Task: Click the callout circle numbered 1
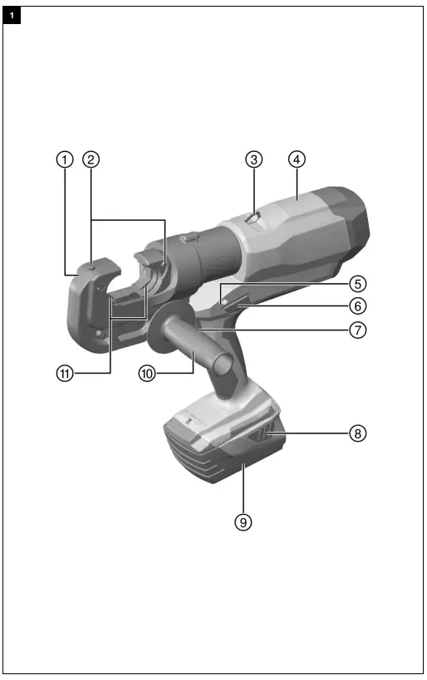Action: (65, 159)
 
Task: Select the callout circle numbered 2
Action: (91, 159)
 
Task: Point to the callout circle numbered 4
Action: (295, 159)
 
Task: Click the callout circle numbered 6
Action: (357, 306)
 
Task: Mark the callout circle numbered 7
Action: (357, 330)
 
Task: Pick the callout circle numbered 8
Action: (357, 433)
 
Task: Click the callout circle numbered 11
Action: (65, 374)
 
